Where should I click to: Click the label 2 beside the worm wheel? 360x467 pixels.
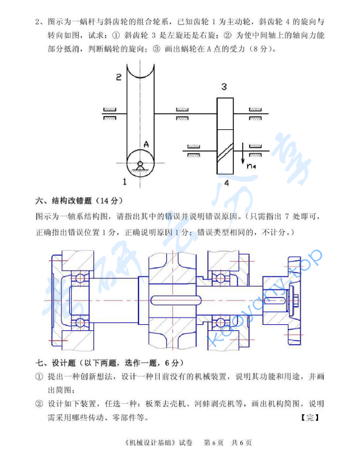click(119, 77)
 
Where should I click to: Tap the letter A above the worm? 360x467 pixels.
click(146, 144)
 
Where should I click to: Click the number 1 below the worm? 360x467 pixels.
click(124, 182)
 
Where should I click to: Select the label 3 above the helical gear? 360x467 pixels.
click(224, 87)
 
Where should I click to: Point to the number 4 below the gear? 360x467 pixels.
click(225, 182)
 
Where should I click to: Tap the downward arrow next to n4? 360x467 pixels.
click(243, 155)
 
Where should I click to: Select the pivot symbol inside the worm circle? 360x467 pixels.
click(140, 164)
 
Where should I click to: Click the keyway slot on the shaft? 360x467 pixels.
click(176, 300)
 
